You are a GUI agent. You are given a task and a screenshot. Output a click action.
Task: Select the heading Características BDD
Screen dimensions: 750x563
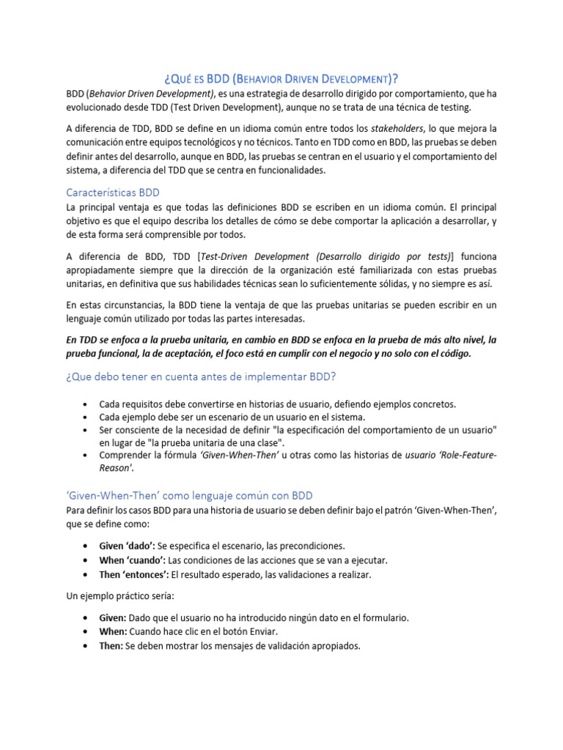pos(113,192)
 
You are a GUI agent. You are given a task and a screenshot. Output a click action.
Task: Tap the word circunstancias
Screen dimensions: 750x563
pos(129,305)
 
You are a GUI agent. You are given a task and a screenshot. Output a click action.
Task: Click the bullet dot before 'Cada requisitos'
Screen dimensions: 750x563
pos(87,404)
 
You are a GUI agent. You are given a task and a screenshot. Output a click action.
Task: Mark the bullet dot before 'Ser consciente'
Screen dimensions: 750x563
pos(87,430)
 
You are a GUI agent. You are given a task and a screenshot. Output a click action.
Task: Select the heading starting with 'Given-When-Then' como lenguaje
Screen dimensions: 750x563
pos(189,495)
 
